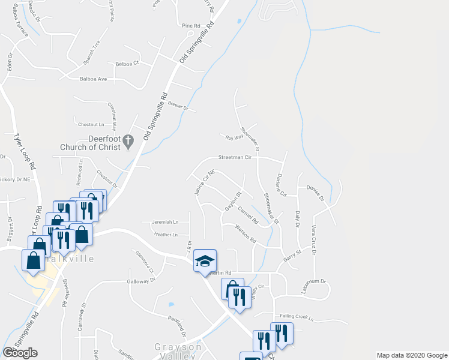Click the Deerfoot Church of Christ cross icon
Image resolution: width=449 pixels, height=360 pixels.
[128, 142]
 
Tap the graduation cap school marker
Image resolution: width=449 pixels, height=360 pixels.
[205, 262]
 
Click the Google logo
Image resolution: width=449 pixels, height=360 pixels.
[20, 353]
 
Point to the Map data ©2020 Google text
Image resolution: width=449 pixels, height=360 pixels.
[411, 355]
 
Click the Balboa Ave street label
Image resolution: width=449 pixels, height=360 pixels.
[93, 79]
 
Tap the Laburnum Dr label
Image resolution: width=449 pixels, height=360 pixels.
[313, 281]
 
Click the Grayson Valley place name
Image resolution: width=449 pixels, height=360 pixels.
[178, 352]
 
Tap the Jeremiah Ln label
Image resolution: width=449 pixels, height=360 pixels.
[165, 222]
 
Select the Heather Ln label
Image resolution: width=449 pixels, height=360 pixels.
[166, 235]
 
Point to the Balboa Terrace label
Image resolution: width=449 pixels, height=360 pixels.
[21, 23]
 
